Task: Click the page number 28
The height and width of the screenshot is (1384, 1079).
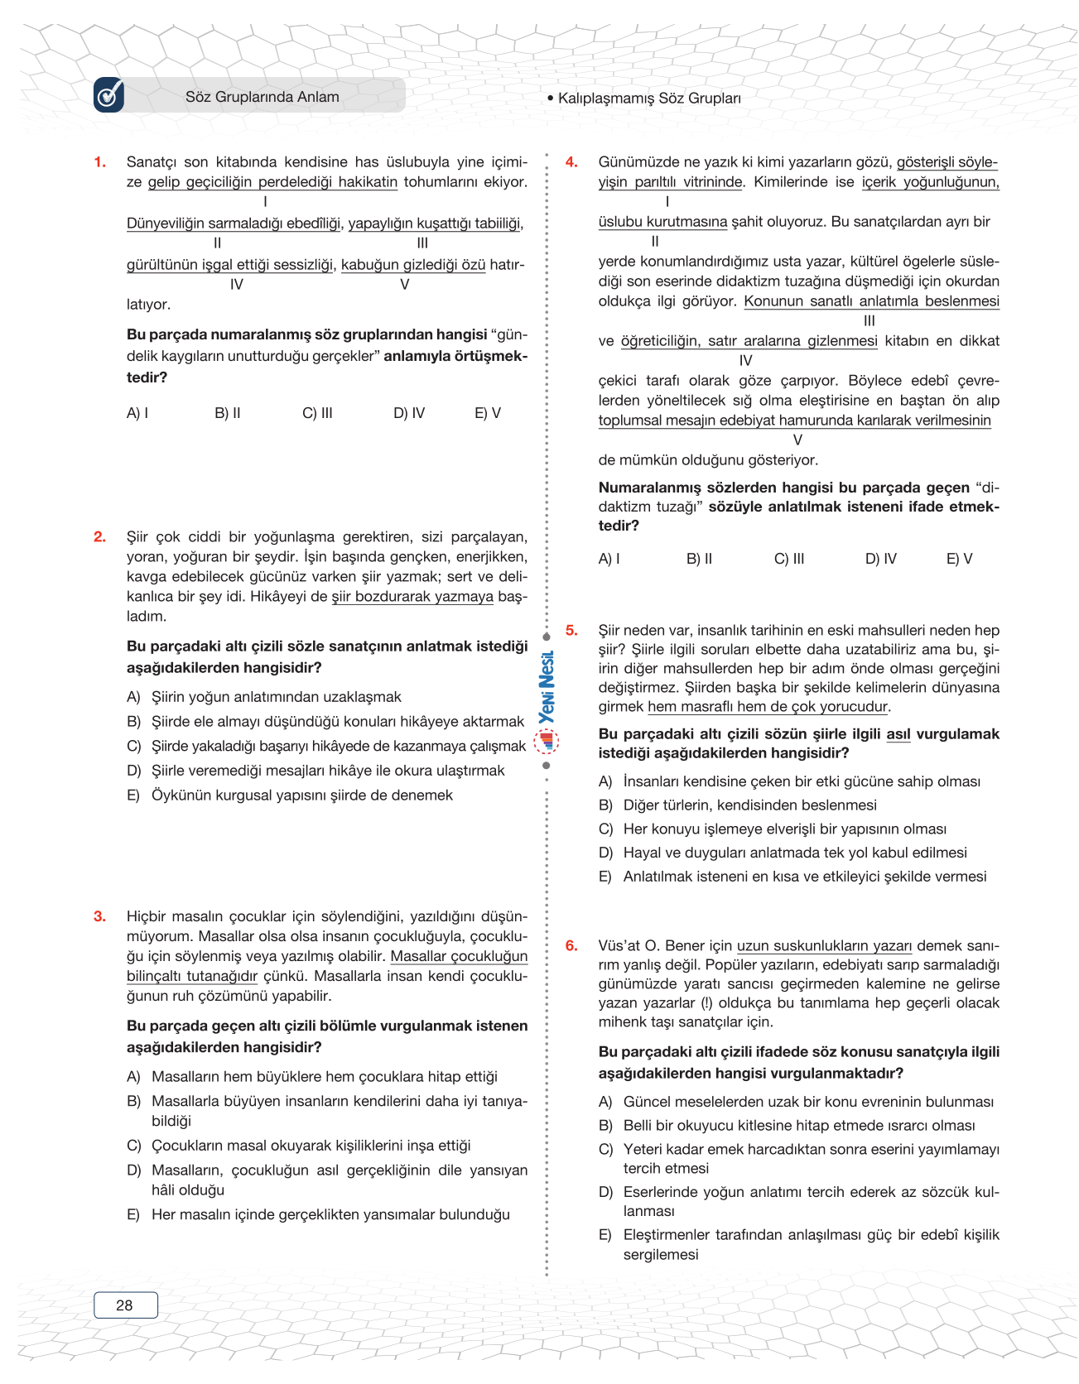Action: tap(125, 1305)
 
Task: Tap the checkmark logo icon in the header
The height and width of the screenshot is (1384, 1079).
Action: tap(109, 95)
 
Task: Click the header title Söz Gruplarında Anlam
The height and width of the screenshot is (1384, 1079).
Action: tap(262, 97)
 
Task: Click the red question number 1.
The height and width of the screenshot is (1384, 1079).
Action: tap(100, 162)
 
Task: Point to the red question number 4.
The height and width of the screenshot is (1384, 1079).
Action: tap(571, 162)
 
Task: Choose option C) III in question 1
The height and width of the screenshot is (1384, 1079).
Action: tap(317, 413)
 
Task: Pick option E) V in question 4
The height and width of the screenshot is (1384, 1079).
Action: tap(959, 559)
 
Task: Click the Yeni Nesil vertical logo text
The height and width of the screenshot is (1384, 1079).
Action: tap(547, 687)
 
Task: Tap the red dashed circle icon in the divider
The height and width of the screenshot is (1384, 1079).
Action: tap(547, 742)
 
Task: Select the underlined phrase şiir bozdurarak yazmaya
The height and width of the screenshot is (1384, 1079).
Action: tap(412, 597)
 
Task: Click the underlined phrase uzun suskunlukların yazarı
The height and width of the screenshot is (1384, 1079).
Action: tap(824, 946)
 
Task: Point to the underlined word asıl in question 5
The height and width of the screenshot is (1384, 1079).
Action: tap(898, 734)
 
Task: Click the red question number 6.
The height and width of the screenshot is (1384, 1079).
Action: tap(571, 946)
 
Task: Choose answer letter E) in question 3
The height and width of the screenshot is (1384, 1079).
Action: tap(133, 1215)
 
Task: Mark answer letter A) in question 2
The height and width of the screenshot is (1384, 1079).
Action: tap(133, 698)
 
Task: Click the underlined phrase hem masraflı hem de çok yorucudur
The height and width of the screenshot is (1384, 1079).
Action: tap(768, 707)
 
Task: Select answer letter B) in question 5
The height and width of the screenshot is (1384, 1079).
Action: tap(605, 805)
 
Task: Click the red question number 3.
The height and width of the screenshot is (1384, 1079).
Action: tap(100, 916)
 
